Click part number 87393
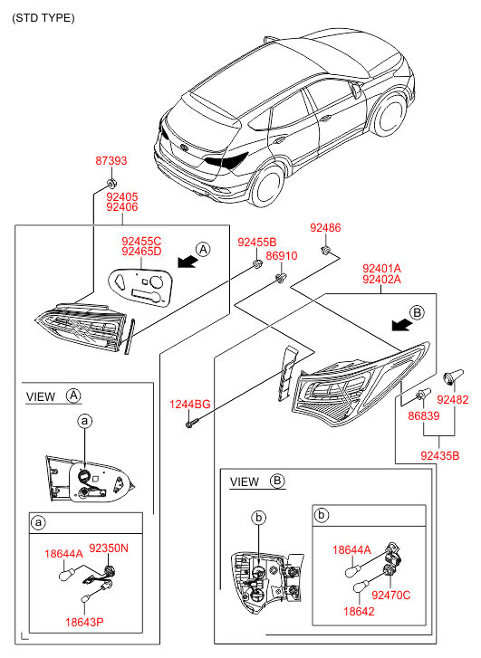[x=111, y=161]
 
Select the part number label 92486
[x=325, y=228]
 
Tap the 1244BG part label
[x=190, y=405]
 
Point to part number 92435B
[x=440, y=456]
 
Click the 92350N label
[x=109, y=548]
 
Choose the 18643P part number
[x=84, y=622]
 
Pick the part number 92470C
[x=391, y=595]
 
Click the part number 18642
[x=359, y=612]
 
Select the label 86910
[x=282, y=256]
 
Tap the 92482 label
[x=452, y=399]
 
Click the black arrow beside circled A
[x=188, y=262]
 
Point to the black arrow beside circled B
[x=401, y=324]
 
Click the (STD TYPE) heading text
[x=43, y=18]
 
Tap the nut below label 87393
[x=111, y=184]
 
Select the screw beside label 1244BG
[x=190, y=424]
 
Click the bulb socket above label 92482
[x=453, y=376]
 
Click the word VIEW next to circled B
[x=244, y=482]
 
